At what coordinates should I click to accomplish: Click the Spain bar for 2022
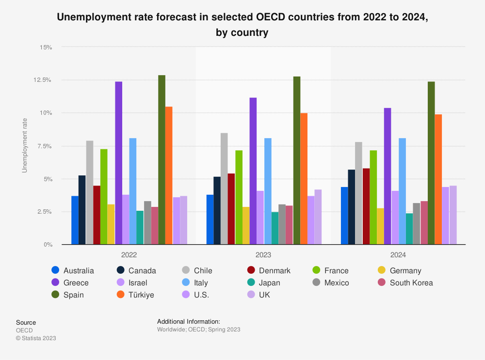[162, 160]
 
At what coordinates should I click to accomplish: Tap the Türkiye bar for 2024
[438, 179]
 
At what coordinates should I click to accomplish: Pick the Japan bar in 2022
[140, 228]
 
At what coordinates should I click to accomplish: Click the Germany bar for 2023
[246, 226]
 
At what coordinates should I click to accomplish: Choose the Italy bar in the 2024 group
[402, 191]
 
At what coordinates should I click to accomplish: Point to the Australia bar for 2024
[344, 216]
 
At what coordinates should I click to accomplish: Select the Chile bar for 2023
[224, 189]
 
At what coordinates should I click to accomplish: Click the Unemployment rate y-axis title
[25, 146]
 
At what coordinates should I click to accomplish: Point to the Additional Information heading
[189, 322]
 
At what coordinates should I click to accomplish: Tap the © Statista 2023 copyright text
[36, 338]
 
